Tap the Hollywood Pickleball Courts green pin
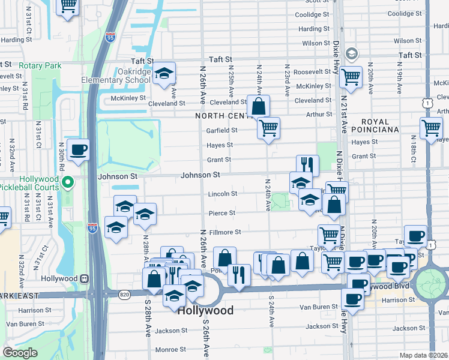[x=68, y=181]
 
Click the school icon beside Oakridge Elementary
[x=163, y=74]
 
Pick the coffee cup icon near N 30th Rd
[x=78, y=150]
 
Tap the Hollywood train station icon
[x=84, y=278]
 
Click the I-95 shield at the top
[x=109, y=37]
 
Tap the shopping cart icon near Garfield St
[x=268, y=127]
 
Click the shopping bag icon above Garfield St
[x=258, y=106]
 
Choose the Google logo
[x=20, y=353]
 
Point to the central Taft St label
[x=220, y=59]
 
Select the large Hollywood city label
[x=205, y=311]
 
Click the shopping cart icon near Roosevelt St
[x=351, y=77]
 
